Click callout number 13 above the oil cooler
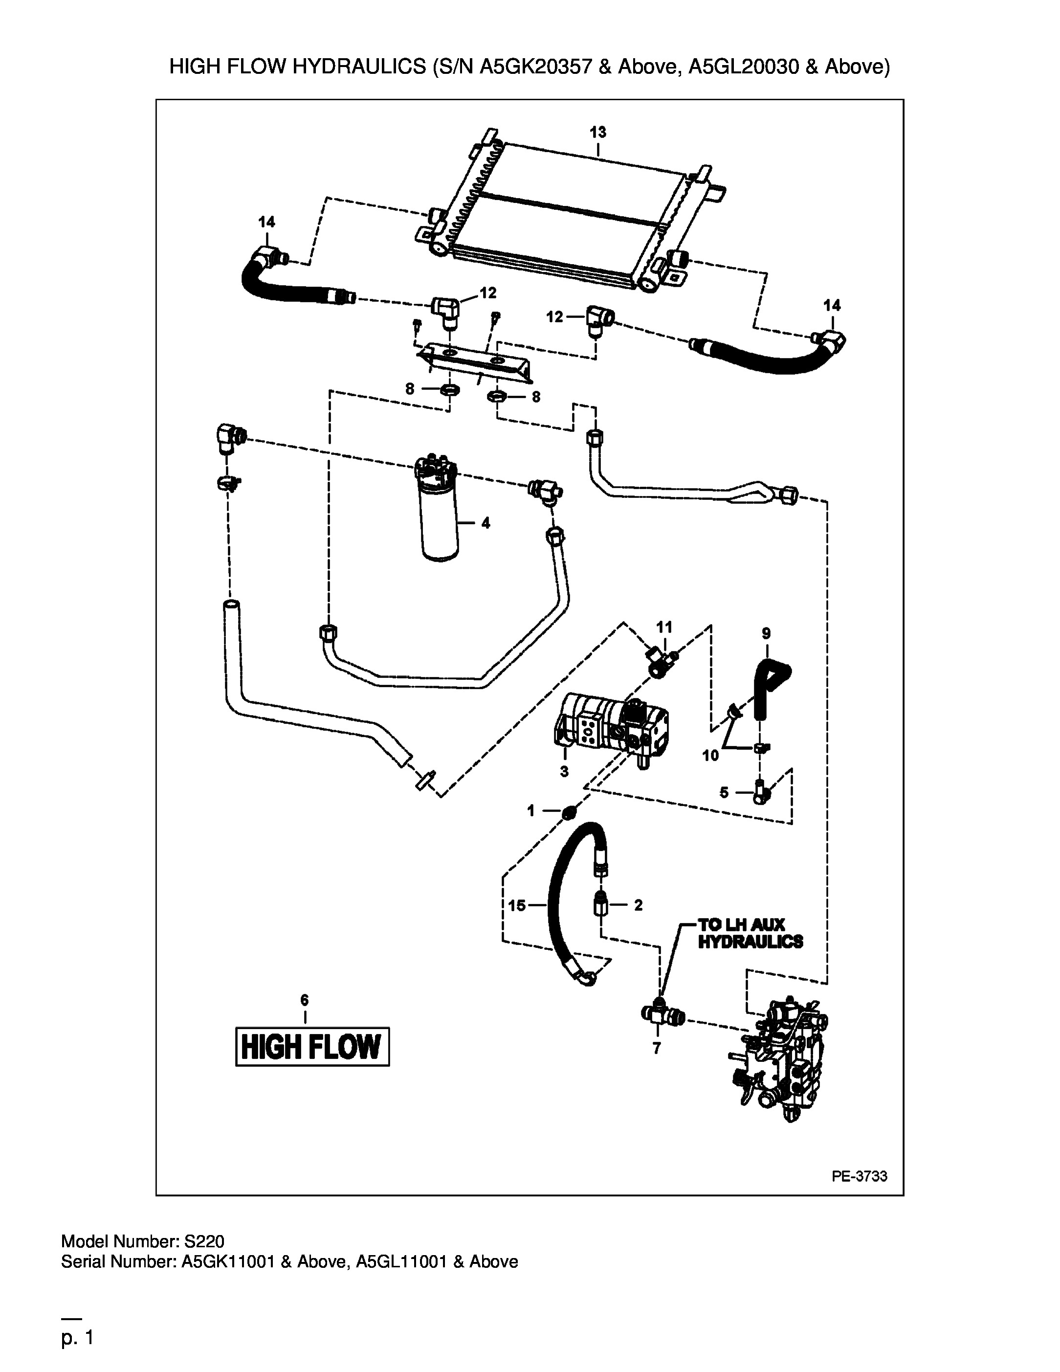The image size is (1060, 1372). (598, 133)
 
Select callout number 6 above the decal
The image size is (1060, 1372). (305, 999)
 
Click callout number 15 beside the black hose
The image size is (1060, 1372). (517, 905)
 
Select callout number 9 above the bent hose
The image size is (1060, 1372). (766, 633)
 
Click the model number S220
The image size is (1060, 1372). (204, 1241)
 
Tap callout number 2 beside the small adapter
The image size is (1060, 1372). (638, 905)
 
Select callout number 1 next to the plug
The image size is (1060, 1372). (530, 811)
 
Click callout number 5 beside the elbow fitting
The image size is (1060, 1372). (724, 793)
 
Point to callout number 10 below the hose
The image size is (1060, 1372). (710, 755)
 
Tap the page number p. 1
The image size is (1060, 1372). (77, 1338)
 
